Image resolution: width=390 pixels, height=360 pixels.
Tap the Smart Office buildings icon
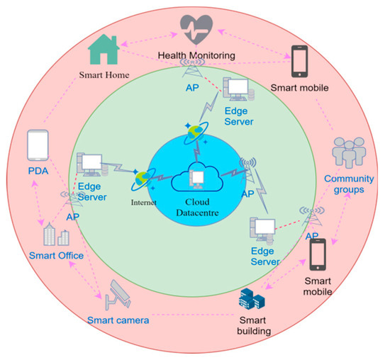56,235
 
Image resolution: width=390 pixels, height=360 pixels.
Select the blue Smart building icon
252,298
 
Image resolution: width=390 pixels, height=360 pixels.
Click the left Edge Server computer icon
90,164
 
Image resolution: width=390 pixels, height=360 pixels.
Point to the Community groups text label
348,184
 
